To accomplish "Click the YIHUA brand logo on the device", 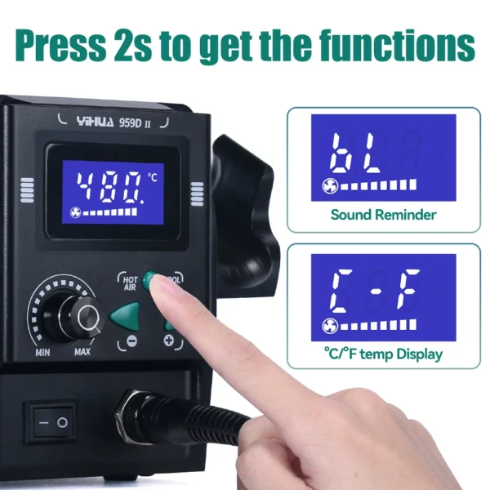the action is pos(96,121).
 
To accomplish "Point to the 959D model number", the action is pos(131,122).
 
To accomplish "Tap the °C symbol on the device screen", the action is pos(152,177).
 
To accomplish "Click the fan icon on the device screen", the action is pos(76,212).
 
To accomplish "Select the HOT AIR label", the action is pos(130,283).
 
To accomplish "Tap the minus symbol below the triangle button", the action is pos(131,341).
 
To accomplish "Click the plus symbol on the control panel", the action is pos(169,340).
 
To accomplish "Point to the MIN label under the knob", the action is pos(42,353).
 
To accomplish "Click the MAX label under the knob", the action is pos(82,352).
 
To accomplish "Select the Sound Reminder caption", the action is pos(384,215).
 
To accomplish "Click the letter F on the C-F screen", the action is pos(408,288).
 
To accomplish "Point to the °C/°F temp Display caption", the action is pos(384,354).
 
